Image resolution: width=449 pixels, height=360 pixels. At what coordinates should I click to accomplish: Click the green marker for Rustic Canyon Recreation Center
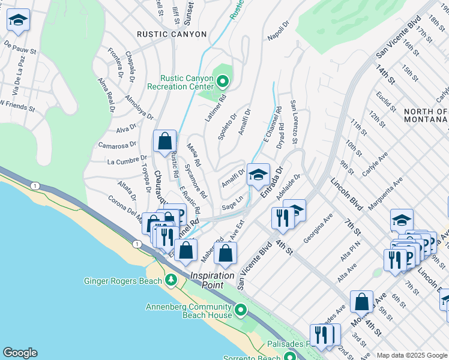pyautogui.click(x=223, y=80)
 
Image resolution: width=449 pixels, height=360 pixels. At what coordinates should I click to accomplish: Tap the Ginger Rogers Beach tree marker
pyautogui.click(x=171, y=280)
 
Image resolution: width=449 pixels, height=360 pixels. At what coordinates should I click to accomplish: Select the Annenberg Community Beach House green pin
pyautogui.click(x=241, y=310)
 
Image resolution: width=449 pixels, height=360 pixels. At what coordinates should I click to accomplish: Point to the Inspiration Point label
pyautogui.click(x=212, y=275)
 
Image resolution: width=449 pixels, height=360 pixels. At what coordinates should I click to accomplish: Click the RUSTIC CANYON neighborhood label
pyautogui.click(x=172, y=34)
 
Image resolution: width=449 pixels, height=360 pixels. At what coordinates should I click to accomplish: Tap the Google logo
pyautogui.click(x=20, y=353)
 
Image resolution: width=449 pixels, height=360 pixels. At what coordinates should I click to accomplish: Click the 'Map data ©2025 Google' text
pyautogui.click(x=411, y=355)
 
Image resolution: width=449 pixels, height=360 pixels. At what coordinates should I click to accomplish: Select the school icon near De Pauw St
pyautogui.click(x=19, y=22)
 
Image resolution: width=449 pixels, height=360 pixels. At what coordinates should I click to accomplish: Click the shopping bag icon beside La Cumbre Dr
pyautogui.click(x=164, y=142)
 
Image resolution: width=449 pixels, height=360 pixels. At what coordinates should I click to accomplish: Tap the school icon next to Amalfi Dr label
pyautogui.click(x=258, y=175)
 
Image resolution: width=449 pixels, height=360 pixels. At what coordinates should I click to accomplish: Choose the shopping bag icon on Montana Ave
pyautogui.click(x=362, y=303)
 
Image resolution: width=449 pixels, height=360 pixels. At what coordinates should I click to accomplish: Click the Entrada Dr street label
pyautogui.click(x=271, y=184)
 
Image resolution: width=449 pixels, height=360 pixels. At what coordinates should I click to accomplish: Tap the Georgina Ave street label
pyautogui.click(x=318, y=230)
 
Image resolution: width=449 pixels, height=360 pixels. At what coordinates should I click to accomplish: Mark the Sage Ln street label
pyautogui.click(x=232, y=202)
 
